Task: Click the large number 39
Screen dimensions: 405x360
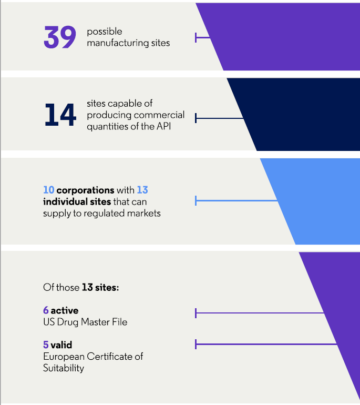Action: click(60, 38)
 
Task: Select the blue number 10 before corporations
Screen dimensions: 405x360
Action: click(48, 190)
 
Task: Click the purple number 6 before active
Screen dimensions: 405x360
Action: click(46, 310)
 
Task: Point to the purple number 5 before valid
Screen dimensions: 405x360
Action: click(46, 345)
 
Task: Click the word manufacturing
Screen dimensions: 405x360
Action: click(114, 43)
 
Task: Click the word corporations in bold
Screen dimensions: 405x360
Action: click(85, 190)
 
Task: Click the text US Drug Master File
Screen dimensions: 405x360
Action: click(85, 322)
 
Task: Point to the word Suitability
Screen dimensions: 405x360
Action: click(64, 368)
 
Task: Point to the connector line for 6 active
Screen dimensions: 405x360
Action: click(260, 313)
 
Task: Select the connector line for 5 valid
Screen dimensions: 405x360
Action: click(265, 345)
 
